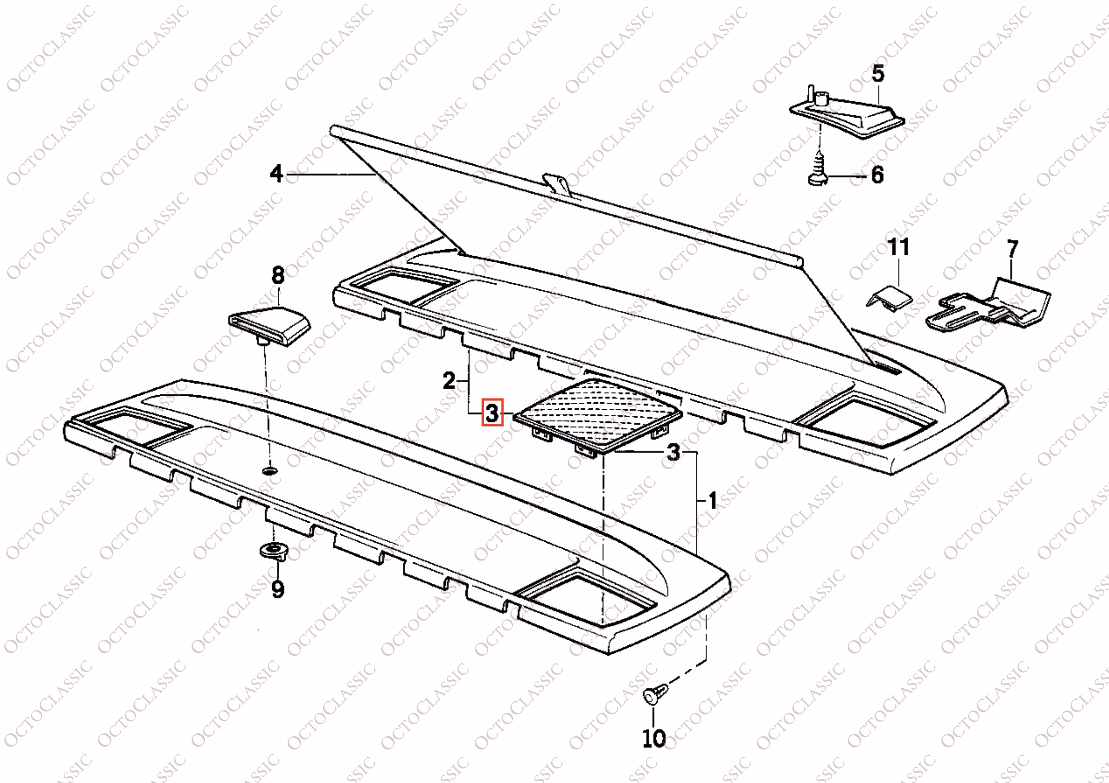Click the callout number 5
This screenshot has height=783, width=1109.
click(x=878, y=74)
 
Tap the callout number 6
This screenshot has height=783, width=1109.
click(x=878, y=175)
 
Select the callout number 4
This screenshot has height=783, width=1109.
click(x=276, y=173)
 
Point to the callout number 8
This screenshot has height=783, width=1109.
click(x=278, y=275)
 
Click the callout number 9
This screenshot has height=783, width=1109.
click(x=278, y=589)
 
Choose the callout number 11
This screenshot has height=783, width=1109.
click(x=898, y=247)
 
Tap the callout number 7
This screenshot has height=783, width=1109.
click(x=1013, y=249)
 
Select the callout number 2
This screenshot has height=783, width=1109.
click(x=449, y=381)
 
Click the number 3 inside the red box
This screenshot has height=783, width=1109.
click(x=492, y=413)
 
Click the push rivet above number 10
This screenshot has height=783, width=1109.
click(x=656, y=693)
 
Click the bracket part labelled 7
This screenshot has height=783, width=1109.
click(x=988, y=305)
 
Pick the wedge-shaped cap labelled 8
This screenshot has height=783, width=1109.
click(x=269, y=325)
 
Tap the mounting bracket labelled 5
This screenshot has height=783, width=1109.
click(x=847, y=116)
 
